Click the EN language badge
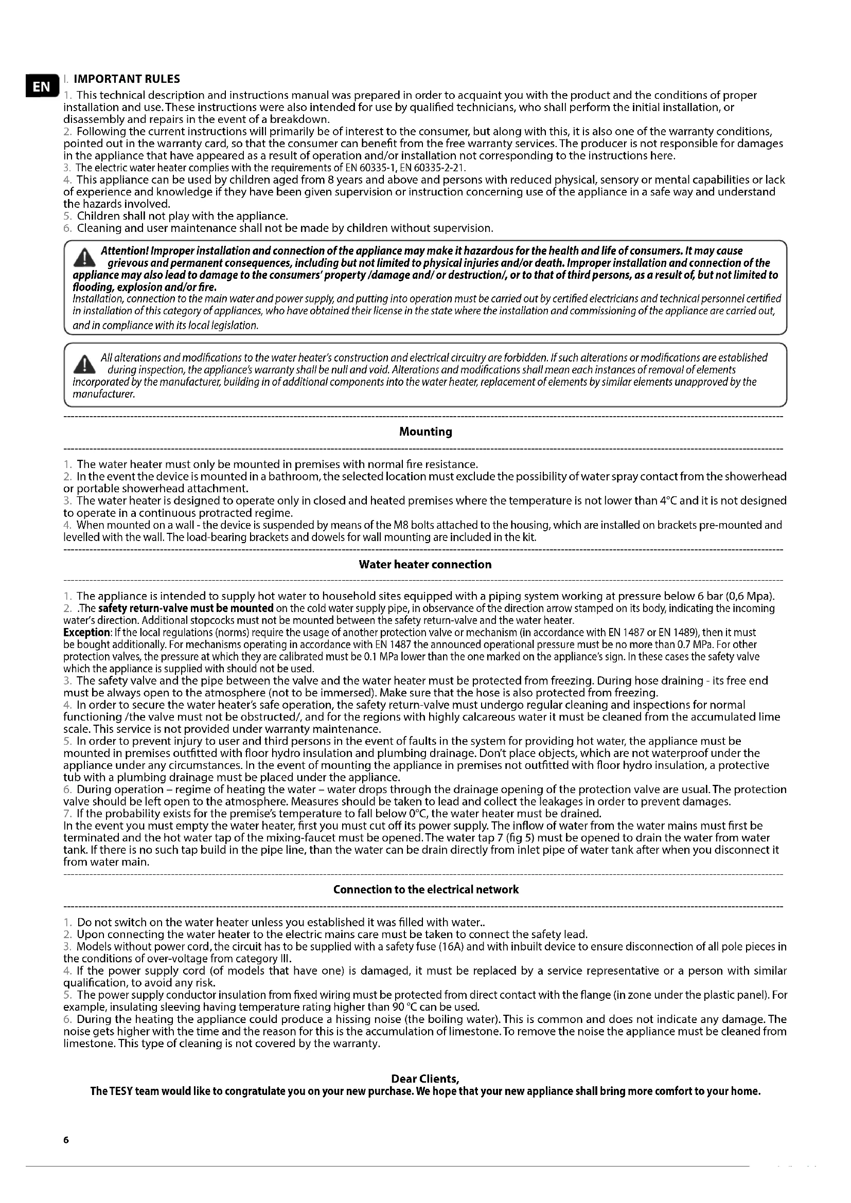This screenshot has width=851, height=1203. click(41, 86)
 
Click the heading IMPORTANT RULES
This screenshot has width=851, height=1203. click(127, 79)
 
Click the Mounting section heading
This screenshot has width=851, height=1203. click(426, 432)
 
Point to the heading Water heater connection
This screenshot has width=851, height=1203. click(425, 564)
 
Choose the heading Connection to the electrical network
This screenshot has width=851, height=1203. click(426, 890)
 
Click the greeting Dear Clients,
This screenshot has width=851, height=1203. click(425, 1079)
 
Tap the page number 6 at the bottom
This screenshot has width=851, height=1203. click(66, 1139)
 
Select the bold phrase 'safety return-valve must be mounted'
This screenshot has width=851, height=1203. click(186, 608)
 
